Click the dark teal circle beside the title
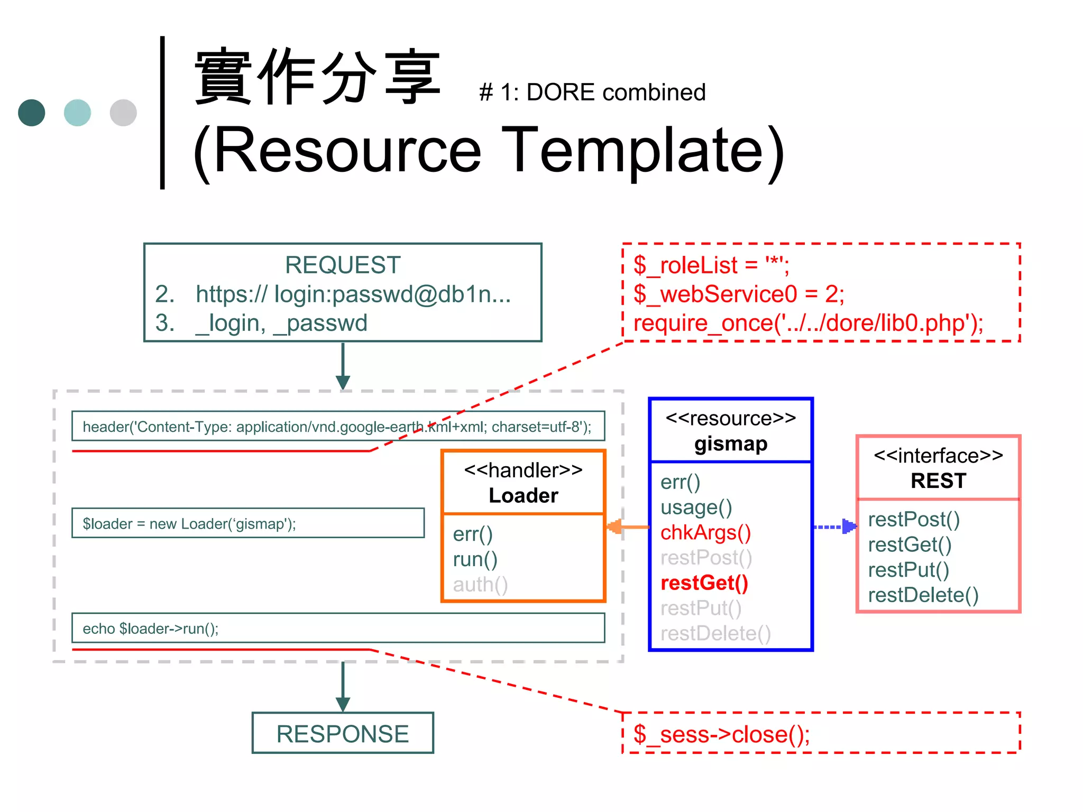tap(32, 113)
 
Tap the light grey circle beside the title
tap(123, 113)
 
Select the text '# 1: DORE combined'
tap(592, 93)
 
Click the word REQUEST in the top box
tap(343, 265)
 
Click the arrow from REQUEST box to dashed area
tap(343, 366)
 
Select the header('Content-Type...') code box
tap(338, 426)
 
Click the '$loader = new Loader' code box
tap(247, 523)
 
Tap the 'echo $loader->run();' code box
tap(338, 628)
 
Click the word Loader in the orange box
tap(523, 495)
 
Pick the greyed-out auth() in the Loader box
tap(480, 585)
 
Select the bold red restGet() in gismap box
tap(704, 583)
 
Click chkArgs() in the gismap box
tap(705, 532)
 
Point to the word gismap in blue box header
tap(731, 444)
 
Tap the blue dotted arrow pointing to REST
tap(834, 527)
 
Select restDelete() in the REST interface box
tap(923, 595)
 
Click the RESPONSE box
tap(343, 733)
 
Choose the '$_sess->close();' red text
tap(721, 734)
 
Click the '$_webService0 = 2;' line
tap(739, 294)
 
